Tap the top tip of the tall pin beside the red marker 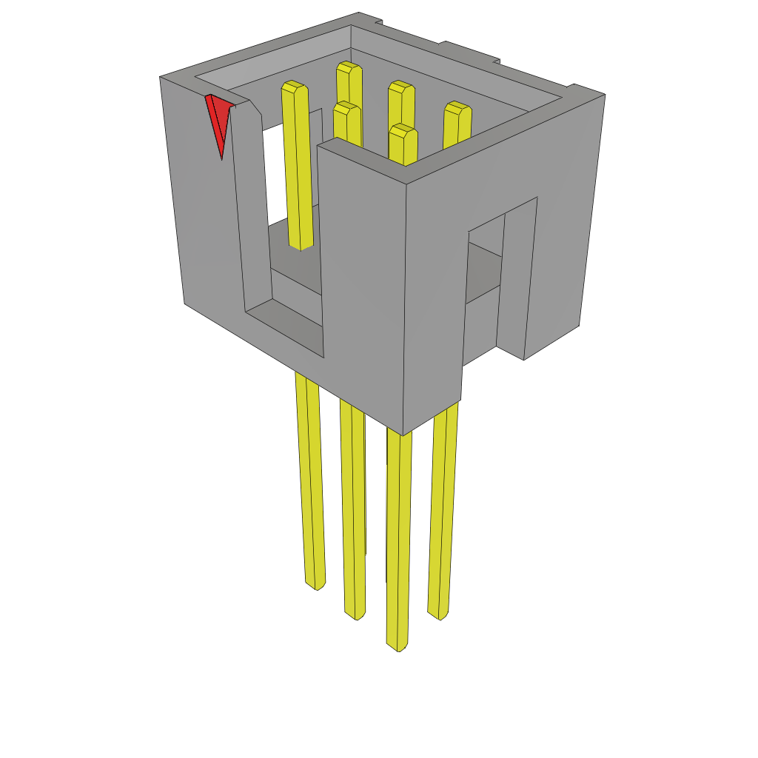coord(294,87)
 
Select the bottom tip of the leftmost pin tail coord(316,585)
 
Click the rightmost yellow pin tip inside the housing coord(457,110)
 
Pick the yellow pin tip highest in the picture coord(349,69)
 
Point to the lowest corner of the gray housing coord(403,434)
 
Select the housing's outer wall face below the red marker coord(204,222)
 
